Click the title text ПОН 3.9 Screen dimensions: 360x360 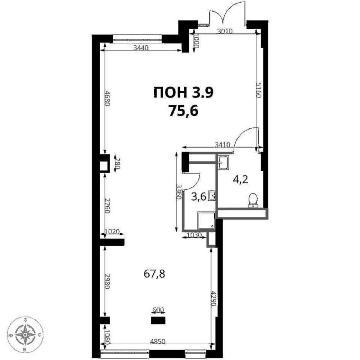(x=183, y=93)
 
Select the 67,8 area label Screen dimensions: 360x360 (x=154, y=274)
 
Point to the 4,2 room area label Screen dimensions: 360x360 (x=240, y=180)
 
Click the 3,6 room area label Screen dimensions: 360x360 (x=199, y=197)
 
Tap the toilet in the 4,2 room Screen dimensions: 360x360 (x=253, y=200)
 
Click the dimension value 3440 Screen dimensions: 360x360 (x=141, y=48)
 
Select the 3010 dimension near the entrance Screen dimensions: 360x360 (x=225, y=31)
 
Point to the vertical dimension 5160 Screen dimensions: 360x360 (x=259, y=91)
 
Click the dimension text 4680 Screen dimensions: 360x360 (x=108, y=98)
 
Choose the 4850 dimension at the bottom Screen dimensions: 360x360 (x=157, y=341)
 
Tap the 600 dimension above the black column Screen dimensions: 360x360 (x=158, y=310)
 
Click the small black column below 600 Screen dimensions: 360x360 (x=158, y=321)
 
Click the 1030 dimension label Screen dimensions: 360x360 (x=195, y=235)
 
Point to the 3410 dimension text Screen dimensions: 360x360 (x=223, y=145)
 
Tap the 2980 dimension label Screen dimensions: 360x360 (x=108, y=282)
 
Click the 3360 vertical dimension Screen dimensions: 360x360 (x=179, y=191)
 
